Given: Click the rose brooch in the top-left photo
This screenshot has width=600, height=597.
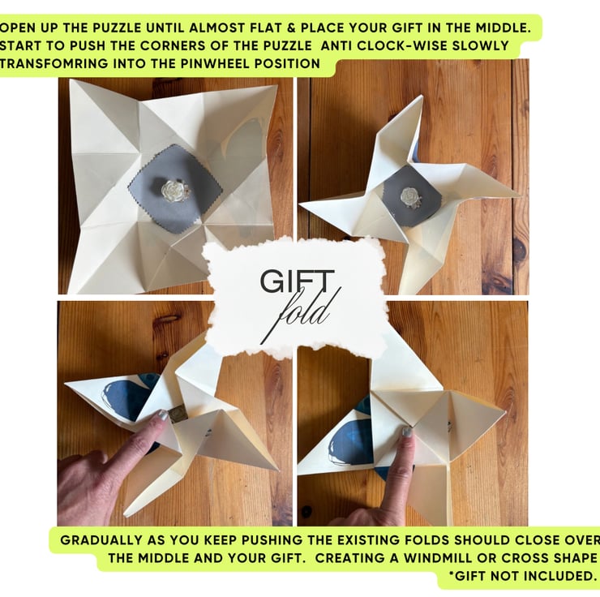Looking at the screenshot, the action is coord(171,190).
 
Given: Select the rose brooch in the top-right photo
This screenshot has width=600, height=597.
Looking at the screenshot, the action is coord(409,197).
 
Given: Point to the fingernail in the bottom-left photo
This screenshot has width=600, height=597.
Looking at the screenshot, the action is coord(163,415).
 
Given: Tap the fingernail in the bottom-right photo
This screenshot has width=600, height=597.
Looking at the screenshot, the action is coord(407,432).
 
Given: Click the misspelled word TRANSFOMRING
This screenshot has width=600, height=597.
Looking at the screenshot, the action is coord(54,63).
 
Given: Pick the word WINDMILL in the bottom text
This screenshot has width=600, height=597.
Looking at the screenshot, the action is coord(439,557).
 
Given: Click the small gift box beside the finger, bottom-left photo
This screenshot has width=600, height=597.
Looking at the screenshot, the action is coord(177,414).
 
